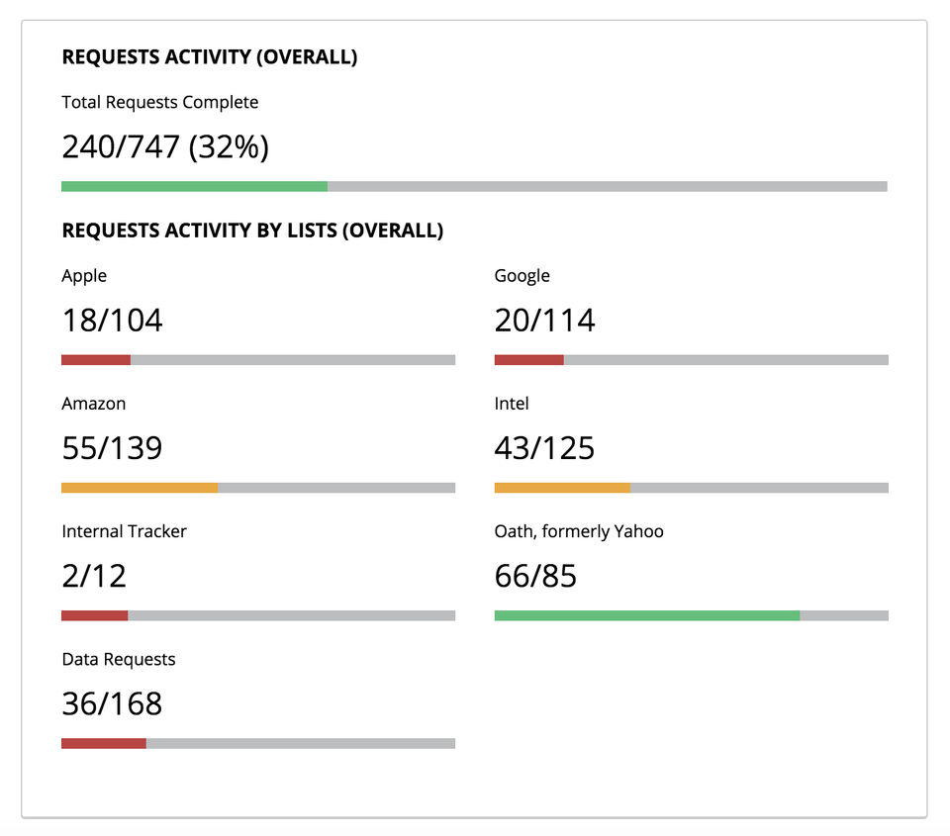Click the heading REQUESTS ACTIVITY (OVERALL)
pyautogui.click(x=209, y=57)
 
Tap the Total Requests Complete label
pyautogui.click(x=159, y=102)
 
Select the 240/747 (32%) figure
pyautogui.click(x=165, y=147)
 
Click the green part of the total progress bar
pyautogui.click(x=194, y=186)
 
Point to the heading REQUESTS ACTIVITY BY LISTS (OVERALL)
pyautogui.click(x=251, y=232)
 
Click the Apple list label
pyautogui.click(x=84, y=276)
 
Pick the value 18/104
pyautogui.click(x=112, y=321)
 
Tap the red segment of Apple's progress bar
pyautogui.click(x=96, y=360)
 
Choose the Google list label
pyautogui.click(x=522, y=276)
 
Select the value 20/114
pyautogui.click(x=544, y=321)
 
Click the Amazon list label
pyautogui.click(x=93, y=404)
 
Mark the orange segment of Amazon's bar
pyautogui.click(x=140, y=488)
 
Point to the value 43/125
pyautogui.click(x=544, y=448)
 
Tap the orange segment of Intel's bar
pyautogui.click(x=562, y=488)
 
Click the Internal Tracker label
pyautogui.click(x=124, y=531)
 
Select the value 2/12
pyautogui.click(x=94, y=576)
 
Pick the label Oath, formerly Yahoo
pyautogui.click(x=579, y=531)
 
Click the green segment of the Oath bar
pyautogui.click(x=646, y=615)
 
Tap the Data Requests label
pyautogui.click(x=118, y=659)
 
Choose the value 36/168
pyautogui.click(x=112, y=703)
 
